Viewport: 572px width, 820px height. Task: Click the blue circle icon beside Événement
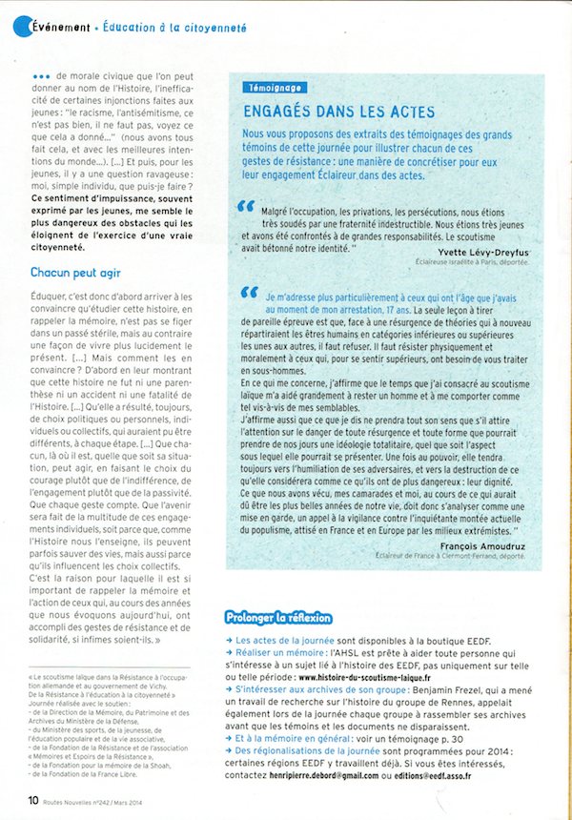coord(22,28)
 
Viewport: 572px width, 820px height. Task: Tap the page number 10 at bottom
coord(33,800)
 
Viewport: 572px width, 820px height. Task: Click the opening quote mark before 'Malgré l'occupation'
coord(246,206)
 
